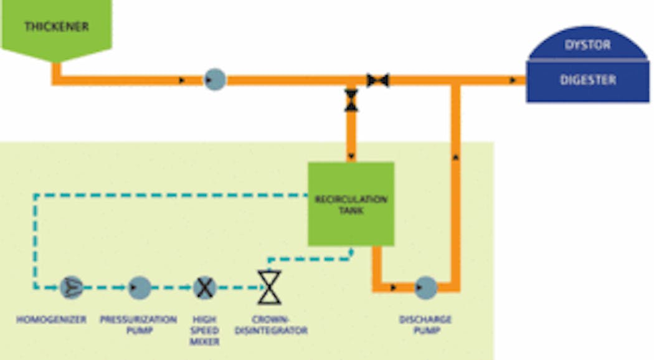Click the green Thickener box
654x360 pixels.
coord(57,27)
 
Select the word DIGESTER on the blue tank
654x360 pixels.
coord(588,80)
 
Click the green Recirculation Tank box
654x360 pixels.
coord(351,204)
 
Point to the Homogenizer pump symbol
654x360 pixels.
coord(72,287)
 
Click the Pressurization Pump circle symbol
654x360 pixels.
coord(140,287)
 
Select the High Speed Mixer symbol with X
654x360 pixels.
coord(204,287)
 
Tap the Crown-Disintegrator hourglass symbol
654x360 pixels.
coord(270,287)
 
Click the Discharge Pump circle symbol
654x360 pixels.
coord(426,287)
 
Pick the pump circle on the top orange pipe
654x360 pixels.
coord(215,80)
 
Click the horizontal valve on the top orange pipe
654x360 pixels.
coord(377,80)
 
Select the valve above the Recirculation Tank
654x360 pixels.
coord(352,100)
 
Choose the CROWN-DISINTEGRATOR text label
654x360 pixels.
coord(271,325)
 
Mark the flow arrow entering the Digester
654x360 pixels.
coord(512,80)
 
